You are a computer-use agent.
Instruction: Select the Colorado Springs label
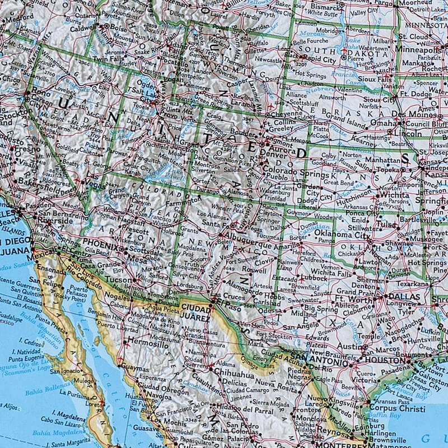pos(290,166)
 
